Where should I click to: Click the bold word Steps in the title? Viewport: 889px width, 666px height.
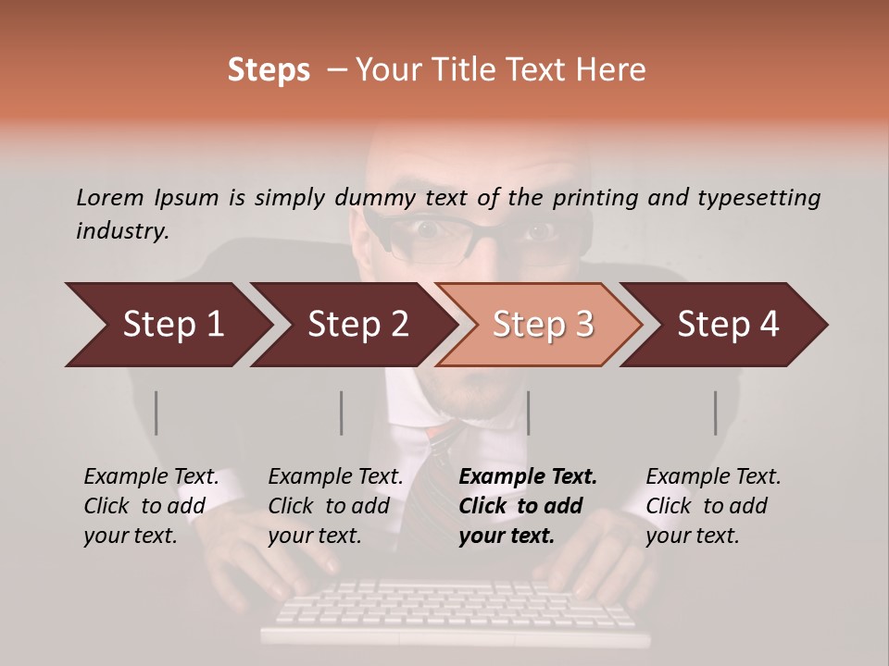[x=269, y=70]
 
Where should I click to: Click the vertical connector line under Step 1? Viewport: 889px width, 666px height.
[x=157, y=413]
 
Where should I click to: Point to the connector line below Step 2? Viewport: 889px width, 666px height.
[x=342, y=413]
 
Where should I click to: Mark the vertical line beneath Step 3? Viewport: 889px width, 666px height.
[x=528, y=413]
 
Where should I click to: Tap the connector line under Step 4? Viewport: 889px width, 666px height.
[x=715, y=413]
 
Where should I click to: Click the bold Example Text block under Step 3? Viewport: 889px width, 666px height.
[x=528, y=506]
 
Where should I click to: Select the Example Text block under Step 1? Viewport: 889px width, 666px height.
[x=151, y=506]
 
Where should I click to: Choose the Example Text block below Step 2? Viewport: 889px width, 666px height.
[x=335, y=506]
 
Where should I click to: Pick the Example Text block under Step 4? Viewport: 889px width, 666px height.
[x=713, y=506]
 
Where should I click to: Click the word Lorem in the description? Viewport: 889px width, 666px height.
[x=110, y=198]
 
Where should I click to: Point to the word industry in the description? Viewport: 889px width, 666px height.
[x=121, y=231]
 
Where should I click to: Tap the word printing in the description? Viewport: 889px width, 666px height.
[x=597, y=198]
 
